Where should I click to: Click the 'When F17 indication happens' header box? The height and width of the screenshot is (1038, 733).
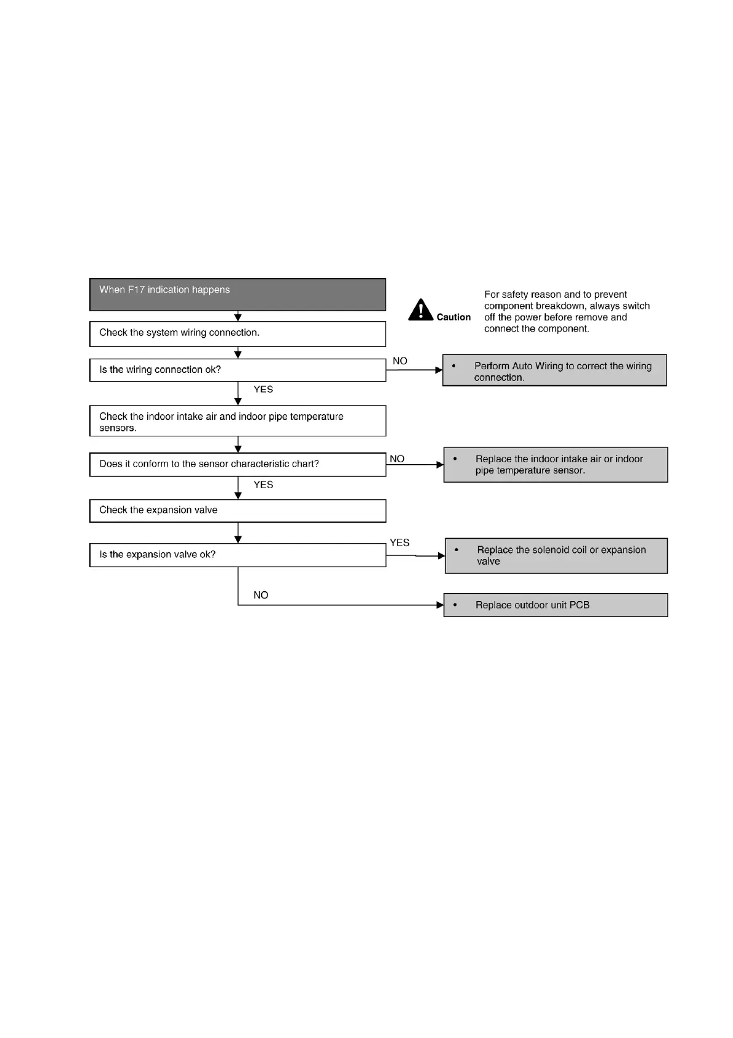coord(237,294)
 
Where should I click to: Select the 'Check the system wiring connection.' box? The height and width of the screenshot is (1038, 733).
coord(237,333)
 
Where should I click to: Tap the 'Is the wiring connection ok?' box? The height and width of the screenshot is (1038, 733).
coord(237,370)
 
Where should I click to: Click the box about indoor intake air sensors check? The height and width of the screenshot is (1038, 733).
coord(237,421)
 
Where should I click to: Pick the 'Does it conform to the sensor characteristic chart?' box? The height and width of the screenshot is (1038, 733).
coord(237,464)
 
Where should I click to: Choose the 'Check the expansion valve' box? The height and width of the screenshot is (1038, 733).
coord(237,510)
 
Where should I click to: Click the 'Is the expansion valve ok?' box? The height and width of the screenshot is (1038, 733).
coord(237,555)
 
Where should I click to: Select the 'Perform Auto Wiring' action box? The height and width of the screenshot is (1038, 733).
coord(554,370)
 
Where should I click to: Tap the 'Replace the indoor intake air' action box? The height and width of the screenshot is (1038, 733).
coord(556,465)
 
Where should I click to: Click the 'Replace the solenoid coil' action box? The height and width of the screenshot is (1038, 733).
coord(556,556)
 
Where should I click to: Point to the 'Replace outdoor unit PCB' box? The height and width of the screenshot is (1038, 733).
coord(556,605)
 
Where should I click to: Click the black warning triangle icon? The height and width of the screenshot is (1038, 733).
coord(421,310)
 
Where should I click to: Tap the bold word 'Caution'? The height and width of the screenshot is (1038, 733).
coord(453,317)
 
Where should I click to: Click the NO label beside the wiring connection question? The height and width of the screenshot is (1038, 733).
coord(400,361)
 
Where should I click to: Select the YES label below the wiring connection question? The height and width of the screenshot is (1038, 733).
coord(263,390)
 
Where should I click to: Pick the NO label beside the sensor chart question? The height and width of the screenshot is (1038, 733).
coord(397,459)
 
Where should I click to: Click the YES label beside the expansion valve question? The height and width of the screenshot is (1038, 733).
coord(399,543)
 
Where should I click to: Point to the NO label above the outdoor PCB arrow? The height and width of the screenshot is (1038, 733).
coord(261,595)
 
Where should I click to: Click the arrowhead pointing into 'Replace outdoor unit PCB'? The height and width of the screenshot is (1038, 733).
coord(440,605)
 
